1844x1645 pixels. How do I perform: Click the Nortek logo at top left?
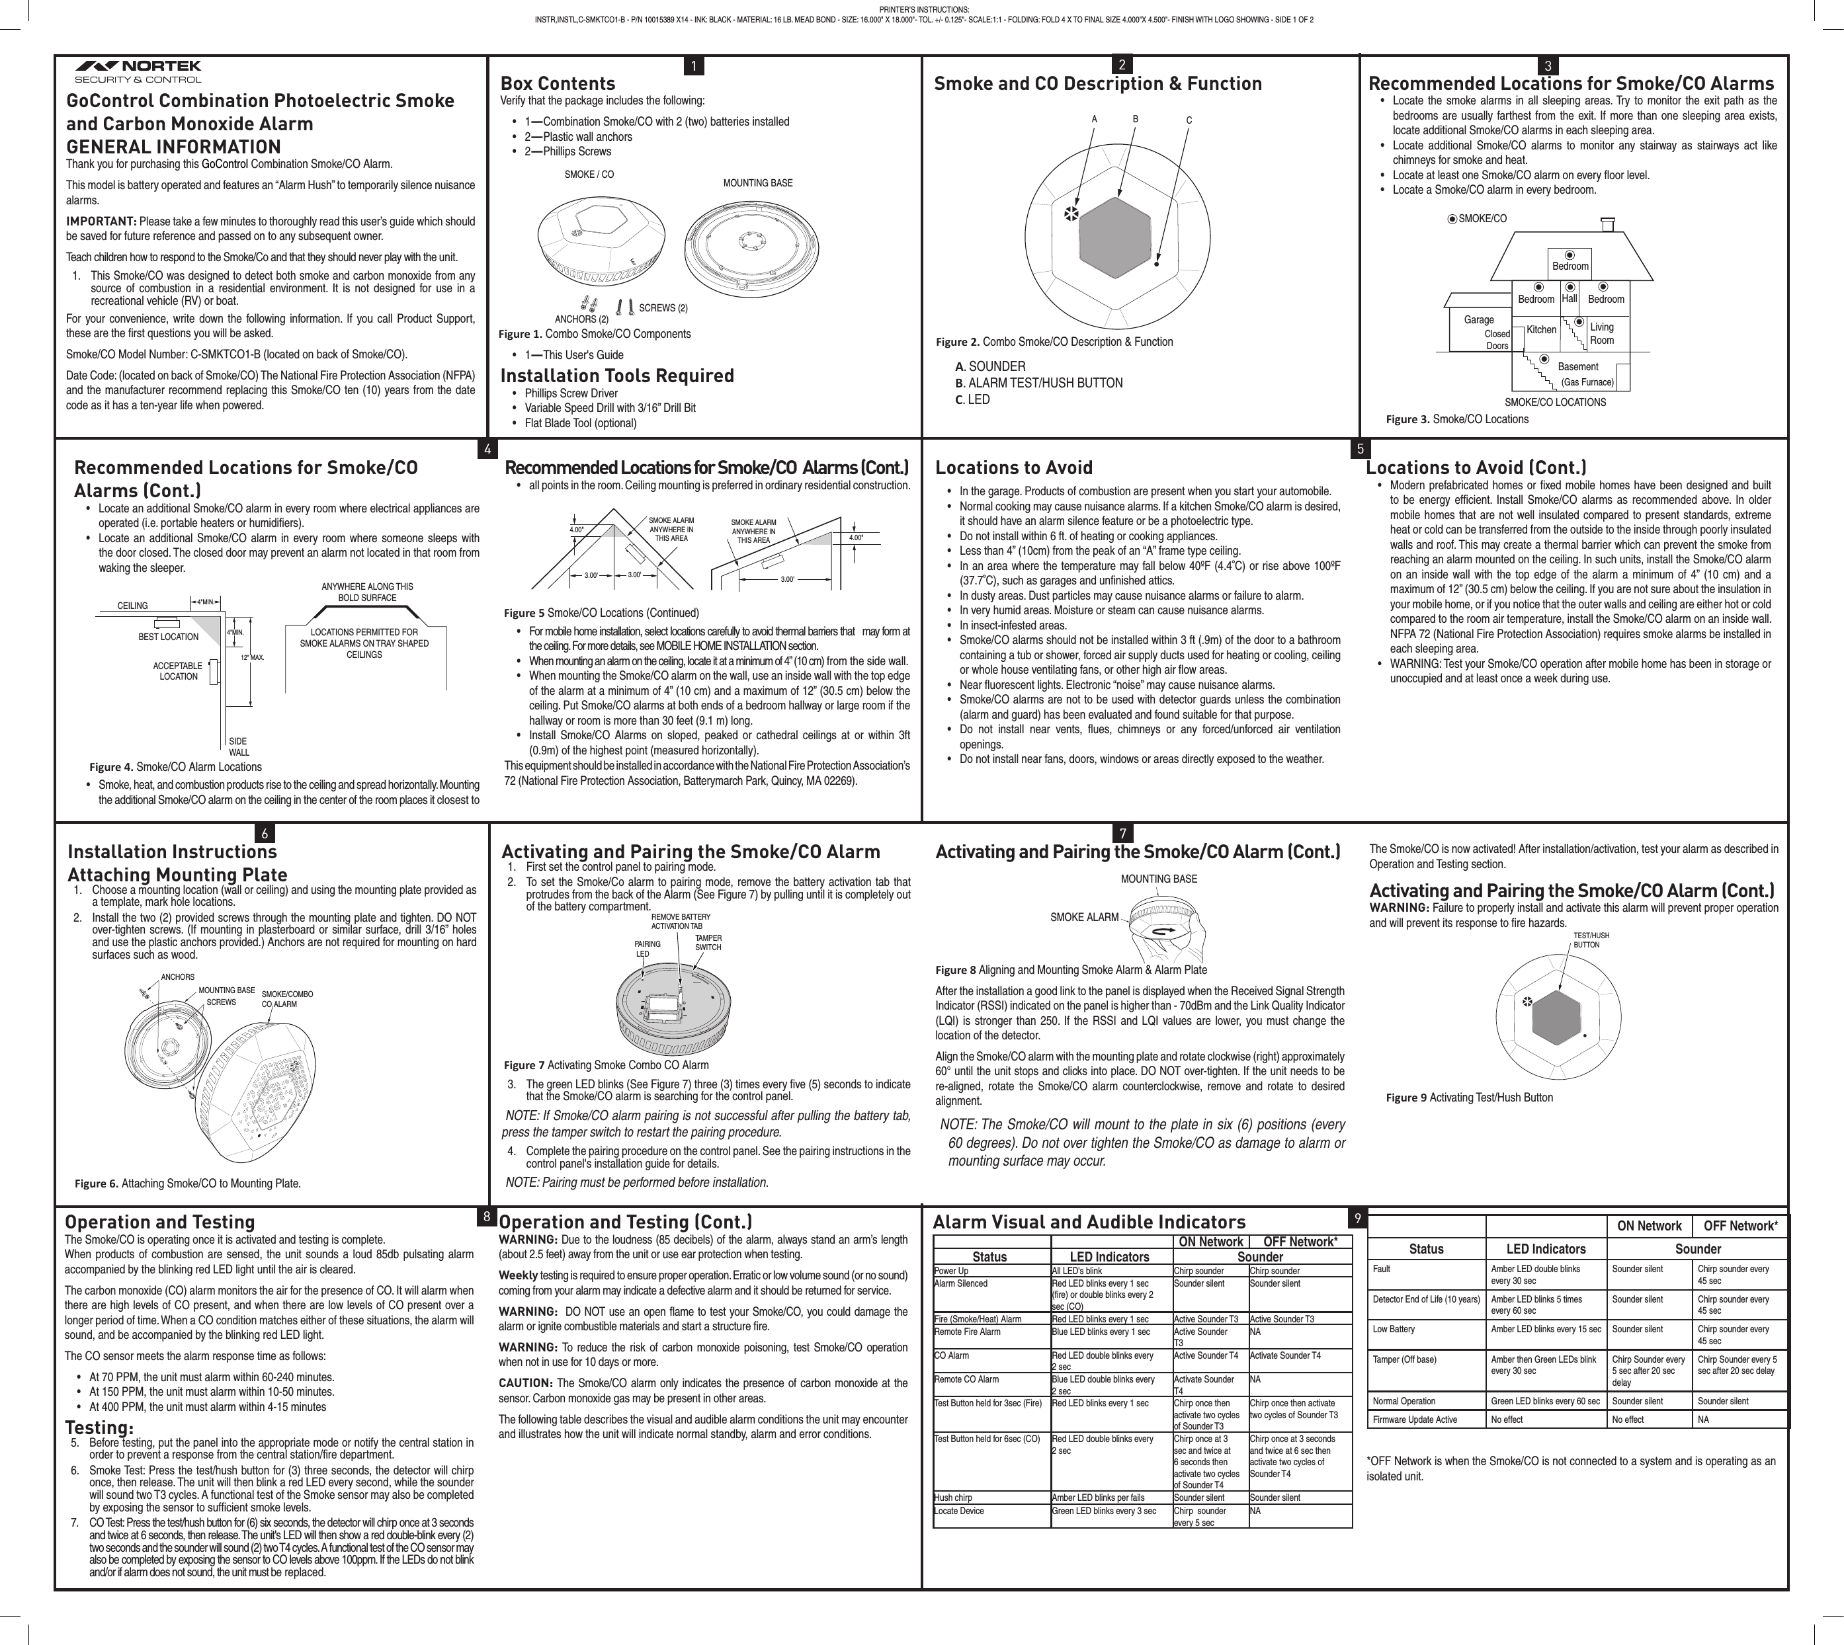(x=138, y=71)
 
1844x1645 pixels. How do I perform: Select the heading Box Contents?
(x=558, y=83)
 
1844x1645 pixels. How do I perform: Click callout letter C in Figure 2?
(x=1189, y=120)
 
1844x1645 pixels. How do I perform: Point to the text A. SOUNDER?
(x=989, y=366)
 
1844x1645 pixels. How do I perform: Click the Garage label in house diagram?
(x=1479, y=320)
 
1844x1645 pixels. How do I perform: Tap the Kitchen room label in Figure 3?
(x=1541, y=330)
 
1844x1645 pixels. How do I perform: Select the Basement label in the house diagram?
(x=1577, y=367)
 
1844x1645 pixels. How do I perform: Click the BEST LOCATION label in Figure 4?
(x=168, y=636)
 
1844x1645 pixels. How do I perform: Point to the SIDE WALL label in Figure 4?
(x=239, y=746)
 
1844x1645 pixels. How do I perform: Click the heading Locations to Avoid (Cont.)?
(x=1475, y=467)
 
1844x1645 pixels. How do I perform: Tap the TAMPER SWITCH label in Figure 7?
(x=708, y=943)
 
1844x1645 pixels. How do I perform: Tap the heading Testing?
(x=99, y=1428)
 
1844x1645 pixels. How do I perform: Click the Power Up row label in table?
(x=951, y=1271)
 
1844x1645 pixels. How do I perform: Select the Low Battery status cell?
(x=1393, y=1329)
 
